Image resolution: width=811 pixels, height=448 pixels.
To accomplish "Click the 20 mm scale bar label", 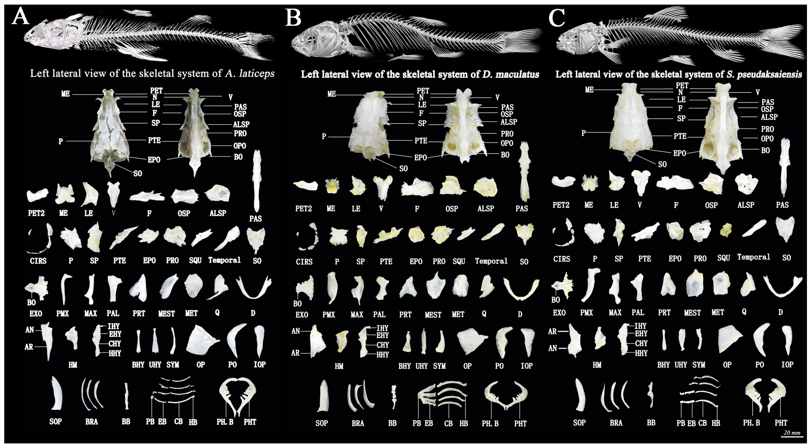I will click(x=792, y=433).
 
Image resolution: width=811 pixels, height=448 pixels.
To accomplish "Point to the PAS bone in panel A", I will click(x=257, y=181).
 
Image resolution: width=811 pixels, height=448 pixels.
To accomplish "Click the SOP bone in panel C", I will click(x=580, y=395).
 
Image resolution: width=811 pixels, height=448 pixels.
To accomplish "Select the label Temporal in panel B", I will click(x=491, y=261).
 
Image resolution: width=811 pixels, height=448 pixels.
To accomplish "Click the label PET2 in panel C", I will click(x=561, y=205).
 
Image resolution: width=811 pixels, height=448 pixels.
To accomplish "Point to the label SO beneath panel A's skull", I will click(x=138, y=173).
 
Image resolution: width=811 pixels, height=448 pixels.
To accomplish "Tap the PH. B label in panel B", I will click(x=490, y=424).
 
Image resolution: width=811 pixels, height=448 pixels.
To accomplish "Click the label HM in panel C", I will click(x=597, y=365).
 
